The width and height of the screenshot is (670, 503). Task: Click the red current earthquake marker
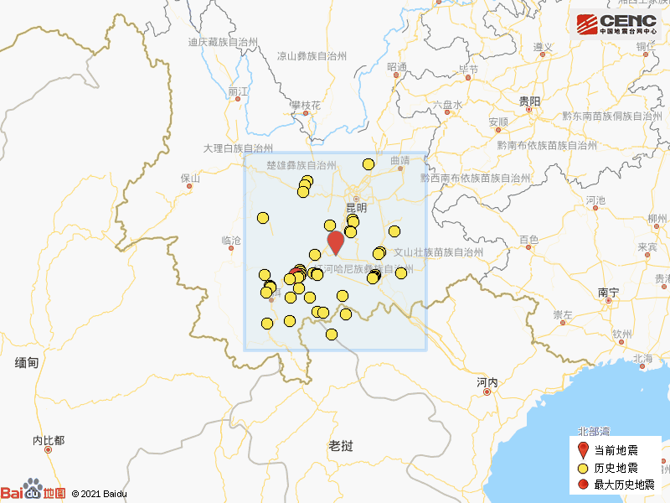point(336,242)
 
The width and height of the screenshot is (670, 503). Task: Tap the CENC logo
point(616,24)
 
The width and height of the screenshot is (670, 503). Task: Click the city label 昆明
point(357,207)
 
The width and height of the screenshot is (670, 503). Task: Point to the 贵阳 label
point(529,101)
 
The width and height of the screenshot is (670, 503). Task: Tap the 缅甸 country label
point(27,362)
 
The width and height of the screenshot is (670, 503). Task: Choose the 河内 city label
point(487,382)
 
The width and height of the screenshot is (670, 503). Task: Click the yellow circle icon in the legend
point(584,468)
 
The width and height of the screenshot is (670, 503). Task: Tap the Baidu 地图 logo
point(33,492)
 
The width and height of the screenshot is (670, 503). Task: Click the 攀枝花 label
point(306,106)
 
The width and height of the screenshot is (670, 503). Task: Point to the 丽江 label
point(239,91)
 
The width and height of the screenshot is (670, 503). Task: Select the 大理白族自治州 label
point(238,148)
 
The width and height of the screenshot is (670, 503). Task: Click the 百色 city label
point(528,240)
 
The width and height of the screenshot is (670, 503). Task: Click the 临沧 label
point(231,241)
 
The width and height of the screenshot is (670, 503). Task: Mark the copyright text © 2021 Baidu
point(100,494)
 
